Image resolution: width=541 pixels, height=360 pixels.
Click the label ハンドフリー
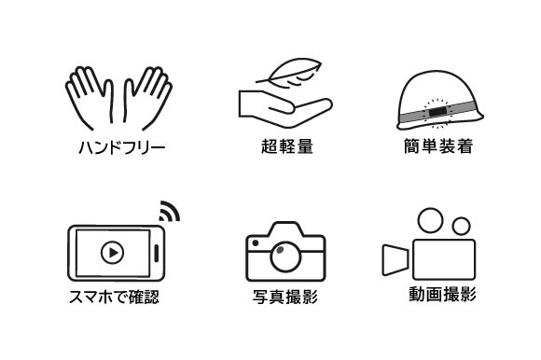[x=122, y=148]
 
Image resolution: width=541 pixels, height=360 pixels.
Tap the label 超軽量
[x=287, y=146]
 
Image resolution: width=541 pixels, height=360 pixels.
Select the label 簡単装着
[x=438, y=146]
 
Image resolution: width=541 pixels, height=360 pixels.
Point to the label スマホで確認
[x=114, y=297]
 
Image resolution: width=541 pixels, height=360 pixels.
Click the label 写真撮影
[x=285, y=297]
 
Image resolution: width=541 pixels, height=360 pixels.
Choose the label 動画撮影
[x=443, y=295]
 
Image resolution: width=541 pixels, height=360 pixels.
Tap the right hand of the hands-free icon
[x=147, y=98]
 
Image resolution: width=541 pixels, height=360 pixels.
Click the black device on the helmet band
[x=438, y=112]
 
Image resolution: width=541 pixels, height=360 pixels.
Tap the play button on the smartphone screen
[x=113, y=253]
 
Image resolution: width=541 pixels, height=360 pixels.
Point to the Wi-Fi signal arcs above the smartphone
[x=170, y=211]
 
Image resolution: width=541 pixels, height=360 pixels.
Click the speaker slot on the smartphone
[x=157, y=254]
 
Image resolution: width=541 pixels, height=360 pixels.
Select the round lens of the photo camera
[x=285, y=257]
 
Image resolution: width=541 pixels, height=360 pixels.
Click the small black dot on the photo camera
[x=256, y=243]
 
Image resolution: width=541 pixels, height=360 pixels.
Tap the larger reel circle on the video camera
[x=430, y=220]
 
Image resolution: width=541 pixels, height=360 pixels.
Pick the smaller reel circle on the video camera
[x=462, y=227]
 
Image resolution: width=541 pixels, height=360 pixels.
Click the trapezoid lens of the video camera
[x=395, y=259]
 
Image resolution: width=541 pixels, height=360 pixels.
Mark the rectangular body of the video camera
[x=444, y=259]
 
